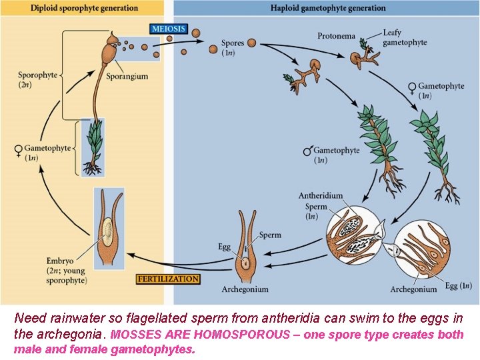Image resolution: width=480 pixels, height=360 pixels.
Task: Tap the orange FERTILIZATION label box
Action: (x=168, y=279)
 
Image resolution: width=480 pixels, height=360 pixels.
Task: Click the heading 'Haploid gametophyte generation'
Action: (x=327, y=8)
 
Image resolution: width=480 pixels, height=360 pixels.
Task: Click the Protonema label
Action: (x=336, y=36)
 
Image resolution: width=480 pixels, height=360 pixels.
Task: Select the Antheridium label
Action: (x=321, y=196)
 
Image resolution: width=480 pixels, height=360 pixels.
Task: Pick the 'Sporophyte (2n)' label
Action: (x=37, y=80)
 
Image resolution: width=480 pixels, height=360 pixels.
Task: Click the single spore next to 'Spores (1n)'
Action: (x=251, y=43)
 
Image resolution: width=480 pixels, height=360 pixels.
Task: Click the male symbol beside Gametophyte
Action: (x=307, y=152)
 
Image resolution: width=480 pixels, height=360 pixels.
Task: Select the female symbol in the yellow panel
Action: (x=18, y=151)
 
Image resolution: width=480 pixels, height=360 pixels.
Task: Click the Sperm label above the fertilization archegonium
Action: (x=270, y=235)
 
